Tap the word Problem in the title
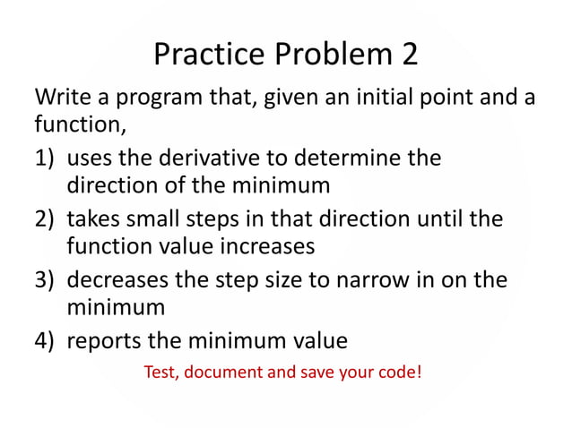point(322,55)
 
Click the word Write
point(60,96)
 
